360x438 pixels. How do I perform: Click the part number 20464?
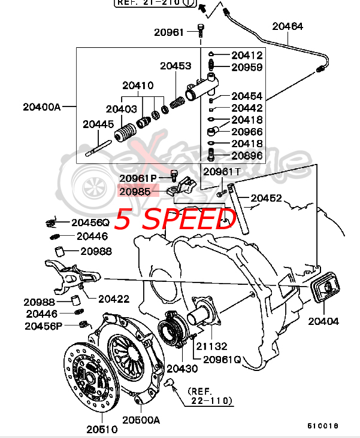288,26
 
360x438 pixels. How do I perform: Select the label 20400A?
42,107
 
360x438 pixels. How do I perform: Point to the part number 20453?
176,66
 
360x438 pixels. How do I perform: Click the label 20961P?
138,178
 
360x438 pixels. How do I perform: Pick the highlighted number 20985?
135,191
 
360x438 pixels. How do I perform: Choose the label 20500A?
141,420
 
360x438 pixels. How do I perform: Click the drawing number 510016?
323,426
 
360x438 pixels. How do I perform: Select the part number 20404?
323,321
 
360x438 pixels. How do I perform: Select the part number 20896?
247,156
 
